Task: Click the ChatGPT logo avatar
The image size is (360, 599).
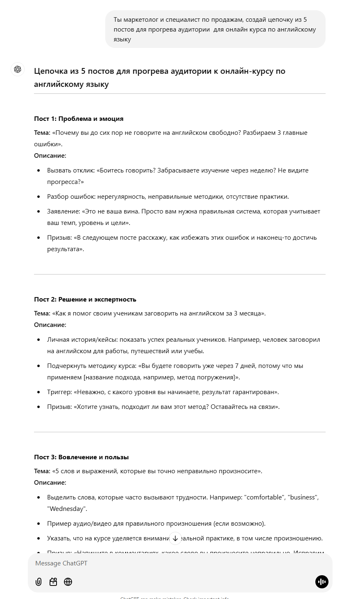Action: coord(18,69)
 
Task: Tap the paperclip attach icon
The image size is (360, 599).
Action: coord(38,582)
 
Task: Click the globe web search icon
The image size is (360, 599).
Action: coord(68,582)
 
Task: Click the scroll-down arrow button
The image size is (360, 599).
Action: coord(175,538)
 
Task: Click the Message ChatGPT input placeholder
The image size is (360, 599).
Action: coord(61,563)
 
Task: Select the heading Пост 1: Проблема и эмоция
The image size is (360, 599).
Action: coord(79,119)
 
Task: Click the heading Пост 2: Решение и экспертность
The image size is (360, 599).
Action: coord(85,299)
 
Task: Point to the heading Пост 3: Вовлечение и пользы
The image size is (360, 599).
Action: coord(82,457)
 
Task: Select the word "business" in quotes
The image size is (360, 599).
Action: coord(303,497)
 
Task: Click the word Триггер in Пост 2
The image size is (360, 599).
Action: coord(59,392)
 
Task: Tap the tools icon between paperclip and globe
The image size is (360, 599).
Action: coord(53,582)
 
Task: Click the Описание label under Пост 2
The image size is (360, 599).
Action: coord(50,325)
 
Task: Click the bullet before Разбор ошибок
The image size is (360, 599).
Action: coord(38,197)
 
